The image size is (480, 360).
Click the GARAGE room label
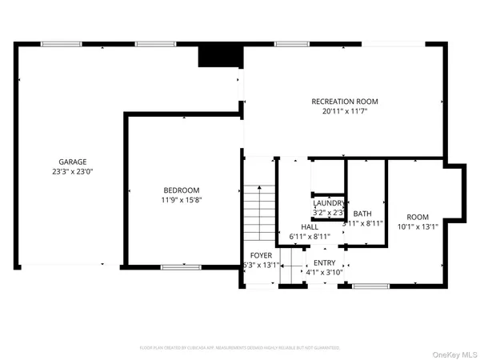(71, 162)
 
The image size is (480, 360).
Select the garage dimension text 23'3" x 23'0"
(71, 171)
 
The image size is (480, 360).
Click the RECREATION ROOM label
(344, 102)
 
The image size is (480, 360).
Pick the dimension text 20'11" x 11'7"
(344, 112)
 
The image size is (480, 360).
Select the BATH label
(362, 214)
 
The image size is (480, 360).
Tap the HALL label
(298, 227)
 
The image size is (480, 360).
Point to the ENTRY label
(324, 262)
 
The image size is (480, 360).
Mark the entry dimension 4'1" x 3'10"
(324, 273)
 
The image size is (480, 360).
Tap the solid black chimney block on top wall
(220, 56)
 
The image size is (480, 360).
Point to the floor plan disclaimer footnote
(240, 348)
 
